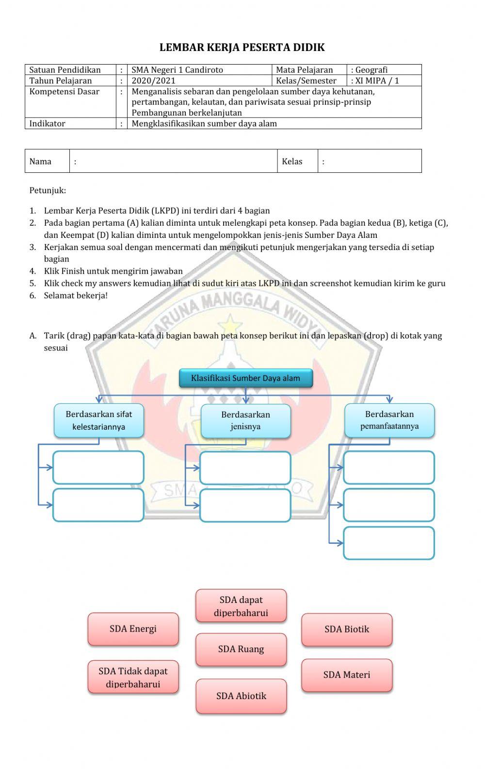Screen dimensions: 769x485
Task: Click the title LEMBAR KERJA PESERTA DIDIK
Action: pos(242,48)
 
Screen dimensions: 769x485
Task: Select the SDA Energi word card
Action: pos(133,629)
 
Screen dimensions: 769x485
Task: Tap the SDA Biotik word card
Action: pos(347,629)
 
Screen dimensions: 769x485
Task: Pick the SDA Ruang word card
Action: pos(241,650)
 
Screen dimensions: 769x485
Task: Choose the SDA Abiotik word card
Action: pos(241,696)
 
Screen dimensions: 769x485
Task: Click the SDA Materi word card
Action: pos(347,675)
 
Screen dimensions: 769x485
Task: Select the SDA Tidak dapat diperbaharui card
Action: pos(133,677)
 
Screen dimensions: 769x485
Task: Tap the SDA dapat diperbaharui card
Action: pos(241,606)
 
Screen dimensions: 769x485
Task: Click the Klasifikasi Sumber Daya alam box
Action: pos(245,378)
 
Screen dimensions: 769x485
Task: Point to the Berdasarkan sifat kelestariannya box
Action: pos(98,420)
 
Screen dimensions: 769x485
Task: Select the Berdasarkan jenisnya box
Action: pos(245,421)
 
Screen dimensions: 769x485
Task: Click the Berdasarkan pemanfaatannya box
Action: pos(389,420)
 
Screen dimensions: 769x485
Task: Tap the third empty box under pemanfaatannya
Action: pos(389,543)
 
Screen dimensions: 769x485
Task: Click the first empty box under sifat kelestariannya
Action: pos(98,468)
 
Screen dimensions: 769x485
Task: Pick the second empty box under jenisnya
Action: pos(245,505)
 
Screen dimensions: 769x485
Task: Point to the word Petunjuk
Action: pos(48,190)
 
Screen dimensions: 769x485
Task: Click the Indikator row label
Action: pos(47,123)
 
